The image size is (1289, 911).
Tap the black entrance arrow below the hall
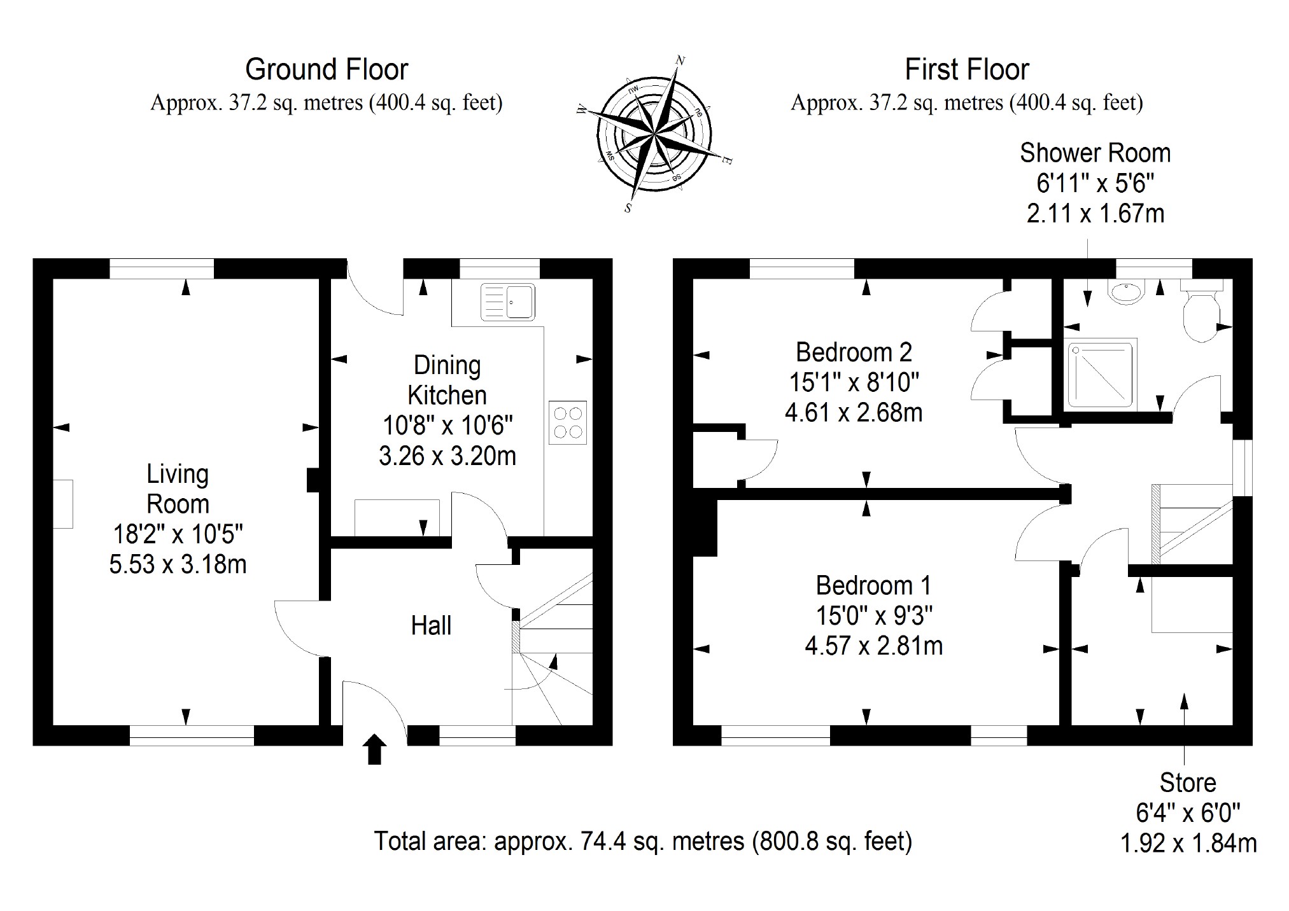tap(375, 749)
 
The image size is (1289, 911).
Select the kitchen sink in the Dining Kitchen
tap(508, 302)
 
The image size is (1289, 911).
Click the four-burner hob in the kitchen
tap(568, 422)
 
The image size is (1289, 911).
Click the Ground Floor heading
tap(327, 69)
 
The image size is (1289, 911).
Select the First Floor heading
tap(967, 69)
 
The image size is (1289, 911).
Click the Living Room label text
tap(178, 489)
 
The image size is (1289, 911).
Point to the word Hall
tap(431, 625)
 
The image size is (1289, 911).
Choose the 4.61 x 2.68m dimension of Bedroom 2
tap(854, 413)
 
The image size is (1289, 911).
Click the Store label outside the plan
tap(1188, 782)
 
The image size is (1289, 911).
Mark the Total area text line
tap(643, 841)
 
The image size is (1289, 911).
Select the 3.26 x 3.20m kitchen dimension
tap(447, 456)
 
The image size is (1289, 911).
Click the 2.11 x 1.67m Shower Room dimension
tap(1095, 213)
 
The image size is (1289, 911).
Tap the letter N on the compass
tap(680, 61)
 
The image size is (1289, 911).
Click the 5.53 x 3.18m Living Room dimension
tap(178, 564)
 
